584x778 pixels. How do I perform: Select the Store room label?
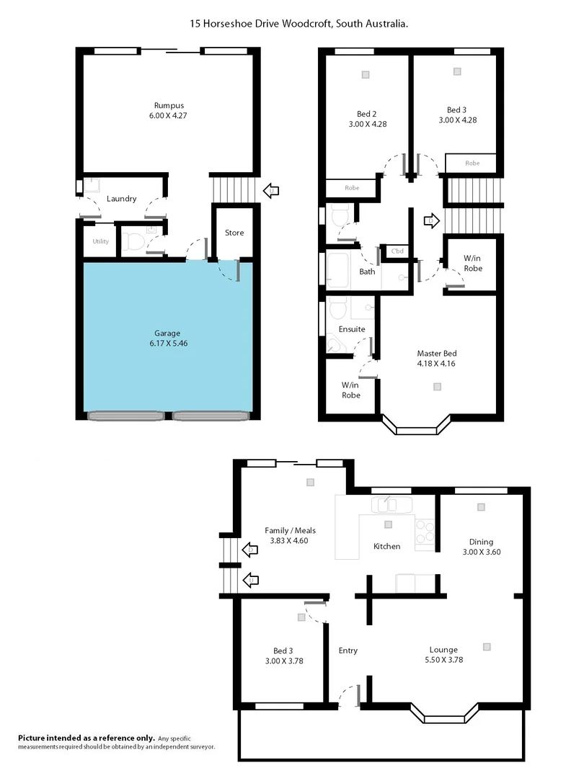234,233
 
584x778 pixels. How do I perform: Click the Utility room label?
101,241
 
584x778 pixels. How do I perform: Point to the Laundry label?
121,199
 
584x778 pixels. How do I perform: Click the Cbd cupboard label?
397,251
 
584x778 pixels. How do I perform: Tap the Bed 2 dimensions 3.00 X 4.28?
367,124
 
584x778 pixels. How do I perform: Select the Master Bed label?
437,354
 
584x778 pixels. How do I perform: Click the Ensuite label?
352,329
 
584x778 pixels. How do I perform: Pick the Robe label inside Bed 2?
352,189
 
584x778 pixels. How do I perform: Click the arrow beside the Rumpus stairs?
272,191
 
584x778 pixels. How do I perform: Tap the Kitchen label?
386,546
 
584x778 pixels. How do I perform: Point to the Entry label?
348,650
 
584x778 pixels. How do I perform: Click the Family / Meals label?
290,530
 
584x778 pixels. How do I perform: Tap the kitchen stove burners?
425,531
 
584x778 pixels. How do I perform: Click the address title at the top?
299,24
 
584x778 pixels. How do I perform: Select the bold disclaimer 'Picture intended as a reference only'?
87,738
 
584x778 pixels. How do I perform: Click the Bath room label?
367,272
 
